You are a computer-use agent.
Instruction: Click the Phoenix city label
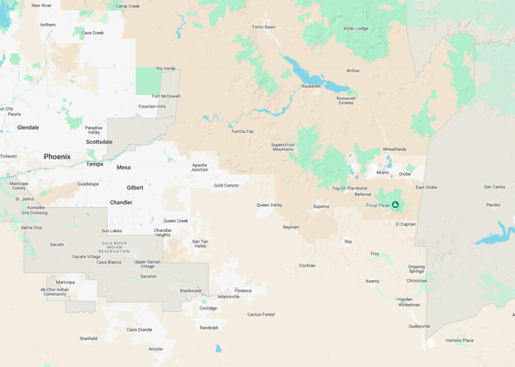point(57,157)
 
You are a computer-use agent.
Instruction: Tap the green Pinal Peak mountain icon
point(395,205)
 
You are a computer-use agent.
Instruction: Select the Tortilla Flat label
point(243,132)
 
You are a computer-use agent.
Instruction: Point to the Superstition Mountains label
point(283,147)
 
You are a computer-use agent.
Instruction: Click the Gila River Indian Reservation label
point(114,247)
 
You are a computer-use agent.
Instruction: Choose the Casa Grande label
point(139,330)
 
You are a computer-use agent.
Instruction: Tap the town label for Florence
point(243,291)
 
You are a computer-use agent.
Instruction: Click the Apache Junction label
point(200,167)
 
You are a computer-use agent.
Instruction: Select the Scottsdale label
point(99,142)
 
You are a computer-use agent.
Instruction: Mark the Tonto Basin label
point(264,27)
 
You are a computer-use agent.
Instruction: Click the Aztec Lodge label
point(356,29)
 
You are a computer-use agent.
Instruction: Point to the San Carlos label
point(494,187)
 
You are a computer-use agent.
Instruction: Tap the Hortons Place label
point(459,340)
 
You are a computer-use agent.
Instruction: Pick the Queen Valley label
point(270,205)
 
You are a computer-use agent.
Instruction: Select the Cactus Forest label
point(261,315)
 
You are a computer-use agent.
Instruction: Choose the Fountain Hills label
point(152,107)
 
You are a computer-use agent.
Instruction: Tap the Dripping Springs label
point(416,269)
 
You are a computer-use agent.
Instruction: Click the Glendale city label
point(28,128)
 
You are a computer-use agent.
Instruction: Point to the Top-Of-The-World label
point(350,189)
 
